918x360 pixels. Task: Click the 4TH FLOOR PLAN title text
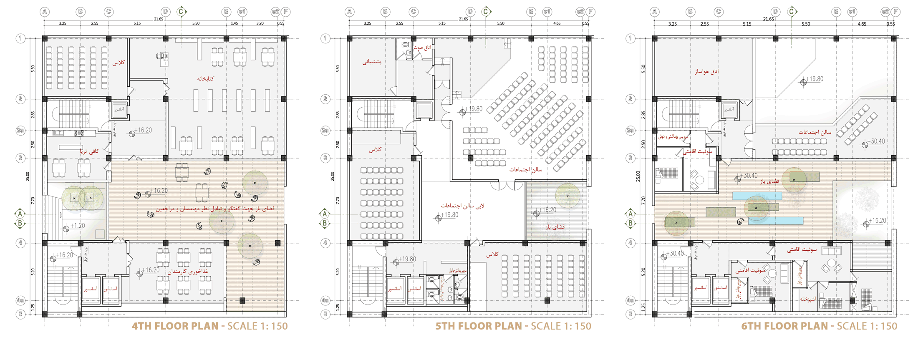tap(175, 326)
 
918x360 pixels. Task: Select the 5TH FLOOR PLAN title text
tap(479, 326)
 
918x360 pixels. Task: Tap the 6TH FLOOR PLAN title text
tap(784, 326)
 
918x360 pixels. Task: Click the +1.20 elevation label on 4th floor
tap(78, 226)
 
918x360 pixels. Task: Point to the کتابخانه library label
tap(205, 78)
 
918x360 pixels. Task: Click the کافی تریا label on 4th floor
tap(90, 151)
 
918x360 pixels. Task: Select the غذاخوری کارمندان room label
tap(188, 272)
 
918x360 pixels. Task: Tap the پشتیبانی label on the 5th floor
tap(372, 62)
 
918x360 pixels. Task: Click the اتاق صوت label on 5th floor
tap(422, 48)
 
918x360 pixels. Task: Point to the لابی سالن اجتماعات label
tap(462, 206)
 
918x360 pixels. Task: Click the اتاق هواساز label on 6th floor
tap(706, 71)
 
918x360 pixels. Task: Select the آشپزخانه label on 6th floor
tap(808, 299)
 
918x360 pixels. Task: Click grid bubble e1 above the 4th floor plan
tap(242, 12)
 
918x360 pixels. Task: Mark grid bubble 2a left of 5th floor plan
tap(325, 131)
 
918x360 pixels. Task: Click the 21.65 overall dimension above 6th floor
tap(768, 19)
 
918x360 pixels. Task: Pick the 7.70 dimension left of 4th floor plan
tap(33, 200)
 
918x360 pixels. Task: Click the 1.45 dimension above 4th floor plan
tap(235, 23)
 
